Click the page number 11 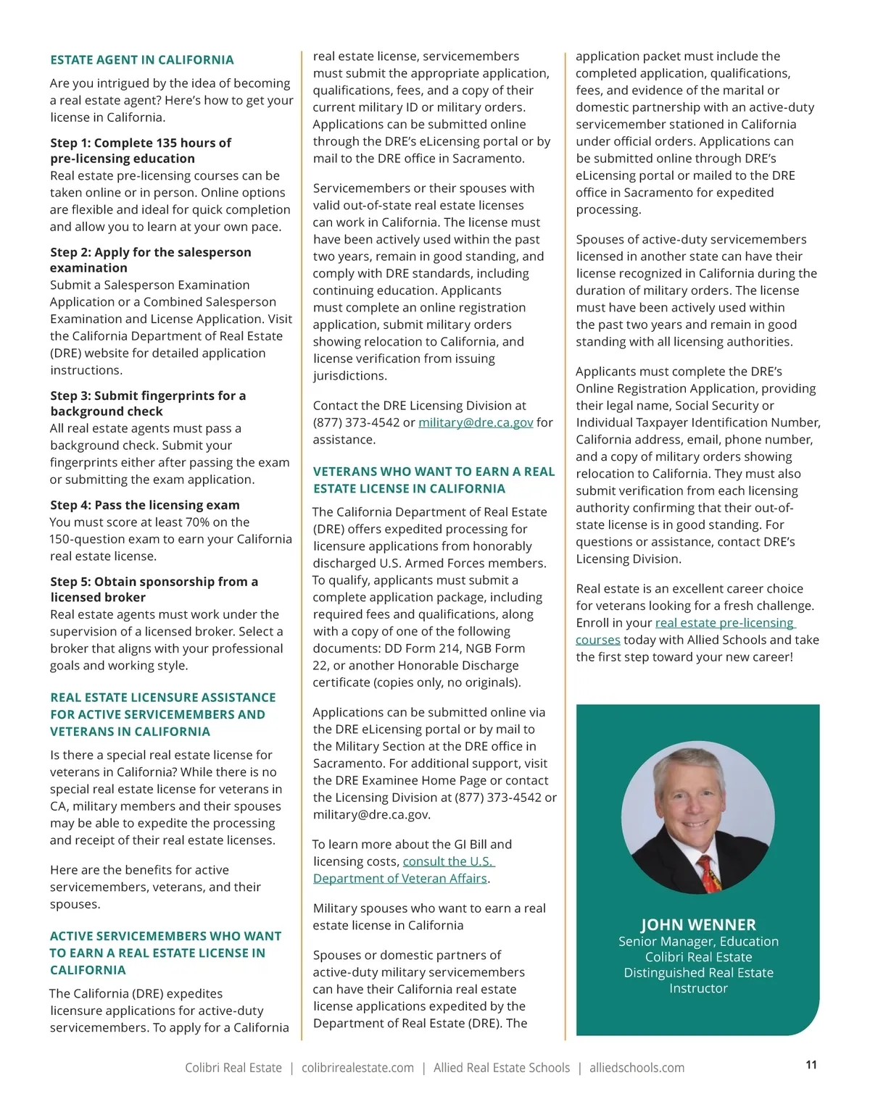coord(811,1064)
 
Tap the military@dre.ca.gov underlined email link coord(476,422)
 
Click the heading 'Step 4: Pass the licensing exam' coord(145,505)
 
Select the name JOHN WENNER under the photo coord(697,924)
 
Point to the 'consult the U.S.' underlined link coord(448,861)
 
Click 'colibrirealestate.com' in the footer coord(357,1068)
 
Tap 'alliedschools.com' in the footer coord(637,1068)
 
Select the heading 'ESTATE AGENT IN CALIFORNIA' coord(142,60)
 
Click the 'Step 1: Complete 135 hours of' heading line coord(141,143)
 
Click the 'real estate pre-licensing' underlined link coord(725,623)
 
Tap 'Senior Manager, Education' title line coord(698,941)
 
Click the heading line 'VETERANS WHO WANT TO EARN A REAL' coord(434,472)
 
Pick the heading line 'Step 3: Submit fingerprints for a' coord(148,396)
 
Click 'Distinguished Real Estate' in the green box coord(698,972)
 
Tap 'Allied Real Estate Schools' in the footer coord(502,1068)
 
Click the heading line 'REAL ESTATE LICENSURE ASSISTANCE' coord(163,698)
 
